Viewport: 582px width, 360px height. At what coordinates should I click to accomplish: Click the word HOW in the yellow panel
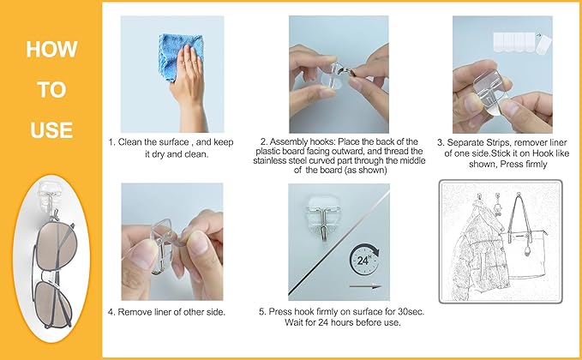pyautogui.click(x=51, y=50)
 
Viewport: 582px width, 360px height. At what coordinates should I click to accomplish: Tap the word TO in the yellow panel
pyautogui.click(x=51, y=90)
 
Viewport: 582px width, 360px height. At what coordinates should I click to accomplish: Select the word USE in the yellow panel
pyautogui.click(x=51, y=130)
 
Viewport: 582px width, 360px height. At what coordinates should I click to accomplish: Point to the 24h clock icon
pyautogui.click(x=363, y=260)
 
